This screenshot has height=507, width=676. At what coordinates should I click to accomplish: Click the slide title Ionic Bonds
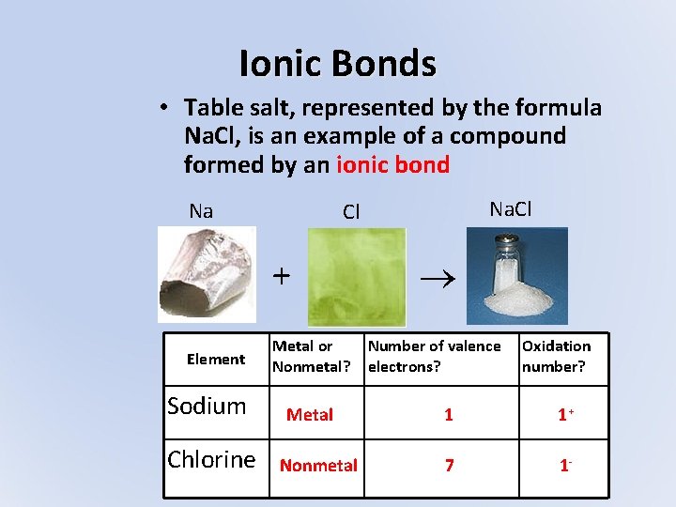point(337,64)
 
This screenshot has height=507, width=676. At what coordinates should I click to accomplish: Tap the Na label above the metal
point(201,211)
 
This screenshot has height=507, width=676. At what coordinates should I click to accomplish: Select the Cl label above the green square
point(351,212)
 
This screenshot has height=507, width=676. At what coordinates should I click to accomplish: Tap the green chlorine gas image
point(356,277)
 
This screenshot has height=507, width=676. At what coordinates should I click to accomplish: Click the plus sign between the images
point(281,276)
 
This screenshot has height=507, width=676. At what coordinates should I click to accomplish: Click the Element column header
point(216,359)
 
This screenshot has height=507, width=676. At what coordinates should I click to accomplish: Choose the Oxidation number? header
point(556,356)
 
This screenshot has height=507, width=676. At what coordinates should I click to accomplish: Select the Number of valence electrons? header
point(434,356)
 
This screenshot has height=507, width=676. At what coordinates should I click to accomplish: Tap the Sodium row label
point(207,407)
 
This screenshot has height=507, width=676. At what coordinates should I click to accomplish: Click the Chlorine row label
point(211,459)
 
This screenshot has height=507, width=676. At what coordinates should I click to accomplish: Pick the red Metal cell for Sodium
point(310,414)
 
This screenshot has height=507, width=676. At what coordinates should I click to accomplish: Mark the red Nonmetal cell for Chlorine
point(318,465)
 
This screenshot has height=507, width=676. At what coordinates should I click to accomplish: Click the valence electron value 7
point(449,465)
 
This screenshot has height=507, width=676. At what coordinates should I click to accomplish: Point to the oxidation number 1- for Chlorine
point(564,465)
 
